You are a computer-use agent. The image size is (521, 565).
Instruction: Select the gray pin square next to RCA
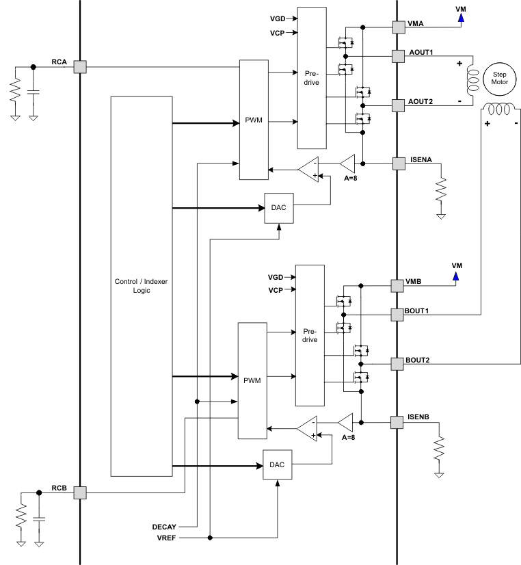tap(80, 66)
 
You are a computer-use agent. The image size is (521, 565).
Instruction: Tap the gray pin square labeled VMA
tap(397, 27)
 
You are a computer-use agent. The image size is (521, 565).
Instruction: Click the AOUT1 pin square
tap(397, 55)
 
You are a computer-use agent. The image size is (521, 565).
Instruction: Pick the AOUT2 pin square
tap(397, 105)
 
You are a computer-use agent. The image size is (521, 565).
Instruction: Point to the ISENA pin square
tap(397, 163)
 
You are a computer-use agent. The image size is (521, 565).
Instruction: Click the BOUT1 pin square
tap(397, 314)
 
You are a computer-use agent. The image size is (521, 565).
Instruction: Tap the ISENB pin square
tap(397, 423)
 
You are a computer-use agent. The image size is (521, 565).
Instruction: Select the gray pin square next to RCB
tap(80, 492)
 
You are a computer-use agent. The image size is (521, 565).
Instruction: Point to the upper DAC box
tap(279, 207)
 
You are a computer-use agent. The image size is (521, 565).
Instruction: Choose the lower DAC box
tap(278, 464)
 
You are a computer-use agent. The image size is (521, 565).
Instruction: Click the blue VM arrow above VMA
tap(461, 18)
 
